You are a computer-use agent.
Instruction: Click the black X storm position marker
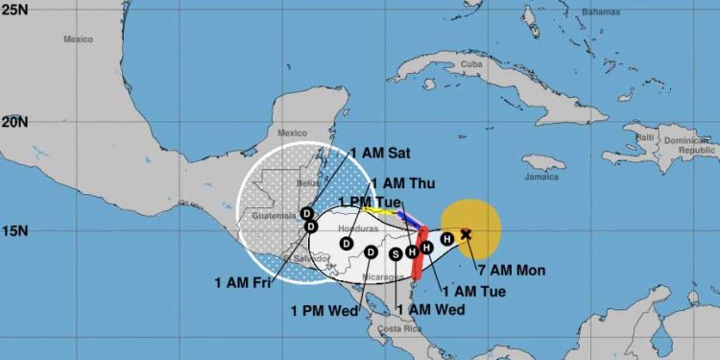(x=467, y=233)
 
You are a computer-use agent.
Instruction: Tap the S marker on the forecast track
(x=396, y=253)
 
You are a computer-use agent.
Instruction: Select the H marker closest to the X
(x=446, y=236)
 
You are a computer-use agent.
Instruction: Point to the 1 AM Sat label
(x=380, y=152)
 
